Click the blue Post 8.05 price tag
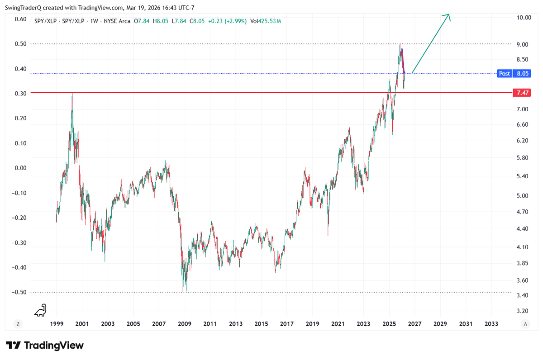coord(513,73)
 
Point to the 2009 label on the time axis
coord(184,324)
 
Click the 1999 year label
coord(56,324)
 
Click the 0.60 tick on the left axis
coord(20,19)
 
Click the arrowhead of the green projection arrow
coord(448,15)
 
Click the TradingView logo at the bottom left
coord(44,345)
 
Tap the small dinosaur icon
coord(41,310)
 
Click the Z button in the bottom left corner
coord(18,324)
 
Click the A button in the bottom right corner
coord(525,324)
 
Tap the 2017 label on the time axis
coord(286,324)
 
